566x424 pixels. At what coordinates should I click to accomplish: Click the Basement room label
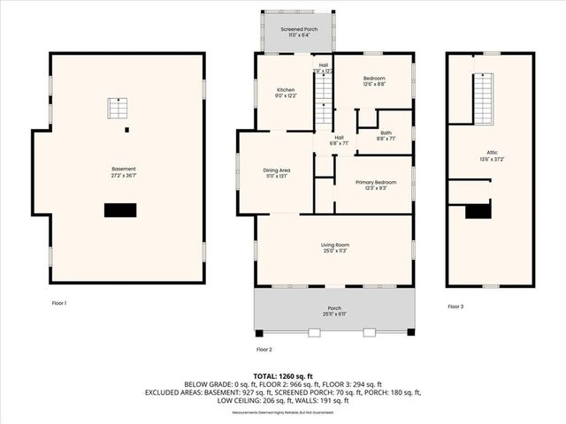[123, 169]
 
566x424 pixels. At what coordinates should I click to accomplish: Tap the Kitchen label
[286, 90]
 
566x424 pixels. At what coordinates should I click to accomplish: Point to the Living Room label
[334, 245]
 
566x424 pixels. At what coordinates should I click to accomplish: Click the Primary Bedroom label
[375, 183]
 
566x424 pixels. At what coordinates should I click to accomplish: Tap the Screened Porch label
[298, 30]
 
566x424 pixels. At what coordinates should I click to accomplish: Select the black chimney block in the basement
[120, 210]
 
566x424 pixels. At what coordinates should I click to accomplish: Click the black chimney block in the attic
[478, 211]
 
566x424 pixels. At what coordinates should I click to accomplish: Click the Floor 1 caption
[59, 303]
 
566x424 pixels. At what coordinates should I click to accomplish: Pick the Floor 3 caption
[455, 307]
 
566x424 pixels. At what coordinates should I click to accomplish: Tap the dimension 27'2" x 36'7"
[124, 174]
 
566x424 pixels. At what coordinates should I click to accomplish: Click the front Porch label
[334, 308]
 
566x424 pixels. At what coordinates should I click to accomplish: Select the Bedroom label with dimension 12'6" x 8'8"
[374, 79]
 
